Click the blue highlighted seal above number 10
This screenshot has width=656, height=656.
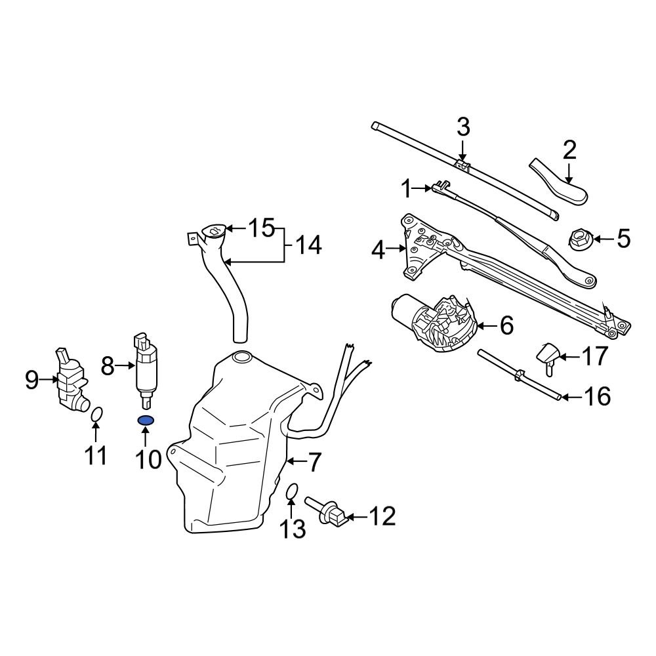tap(146, 420)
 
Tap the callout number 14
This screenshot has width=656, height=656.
tap(308, 246)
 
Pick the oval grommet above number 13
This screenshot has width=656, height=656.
tap(293, 492)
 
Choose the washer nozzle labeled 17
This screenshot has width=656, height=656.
tap(549, 355)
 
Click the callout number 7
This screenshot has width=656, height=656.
tap(314, 462)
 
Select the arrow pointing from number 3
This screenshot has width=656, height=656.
tap(463, 148)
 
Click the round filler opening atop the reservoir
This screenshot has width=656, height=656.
tap(242, 358)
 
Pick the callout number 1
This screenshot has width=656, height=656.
tap(407, 190)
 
